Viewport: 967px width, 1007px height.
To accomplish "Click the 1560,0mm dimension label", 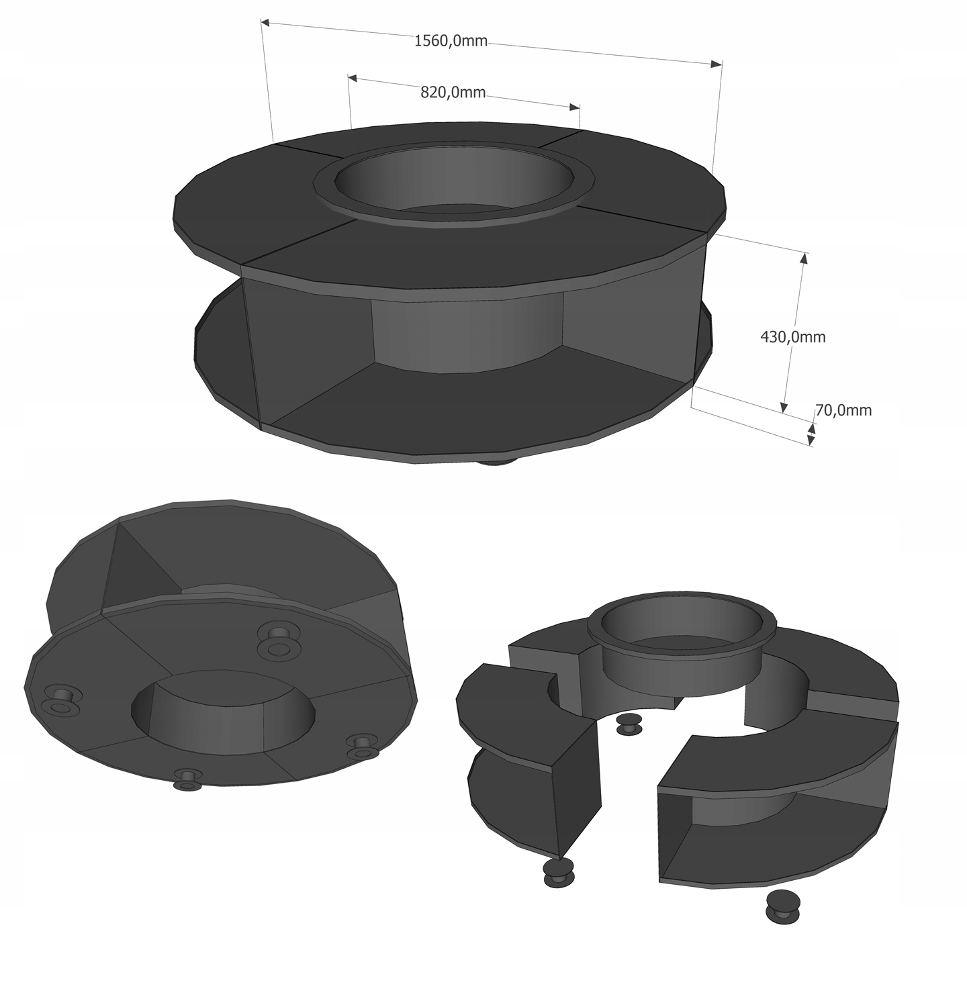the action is pos(451,41).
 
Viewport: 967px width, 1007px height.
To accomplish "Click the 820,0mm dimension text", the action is pos(453,93).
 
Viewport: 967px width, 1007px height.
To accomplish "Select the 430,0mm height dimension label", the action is pos(792,337).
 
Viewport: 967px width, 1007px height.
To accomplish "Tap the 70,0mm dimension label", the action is pos(843,410).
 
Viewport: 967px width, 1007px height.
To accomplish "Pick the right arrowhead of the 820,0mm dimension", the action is pos(574,107).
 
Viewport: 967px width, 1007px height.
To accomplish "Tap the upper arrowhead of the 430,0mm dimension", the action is pos(802,258).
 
